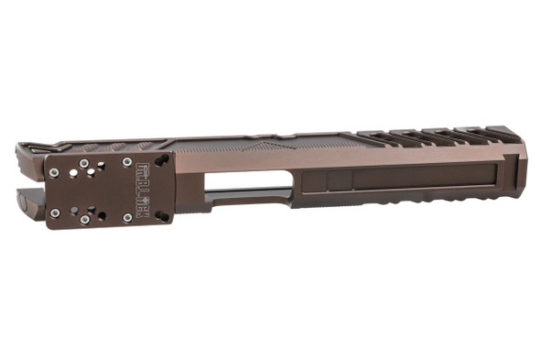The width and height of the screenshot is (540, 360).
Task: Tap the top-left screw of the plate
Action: [55, 172]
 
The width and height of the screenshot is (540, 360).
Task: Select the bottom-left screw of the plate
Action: [55, 213]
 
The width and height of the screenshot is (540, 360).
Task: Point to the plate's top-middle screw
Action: [84, 163]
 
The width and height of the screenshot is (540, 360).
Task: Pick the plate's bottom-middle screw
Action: [85, 220]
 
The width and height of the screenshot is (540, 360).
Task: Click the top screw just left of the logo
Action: [126, 163]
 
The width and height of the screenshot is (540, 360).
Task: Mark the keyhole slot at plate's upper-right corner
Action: [162, 161]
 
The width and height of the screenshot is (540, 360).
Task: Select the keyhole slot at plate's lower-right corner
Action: [162, 216]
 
